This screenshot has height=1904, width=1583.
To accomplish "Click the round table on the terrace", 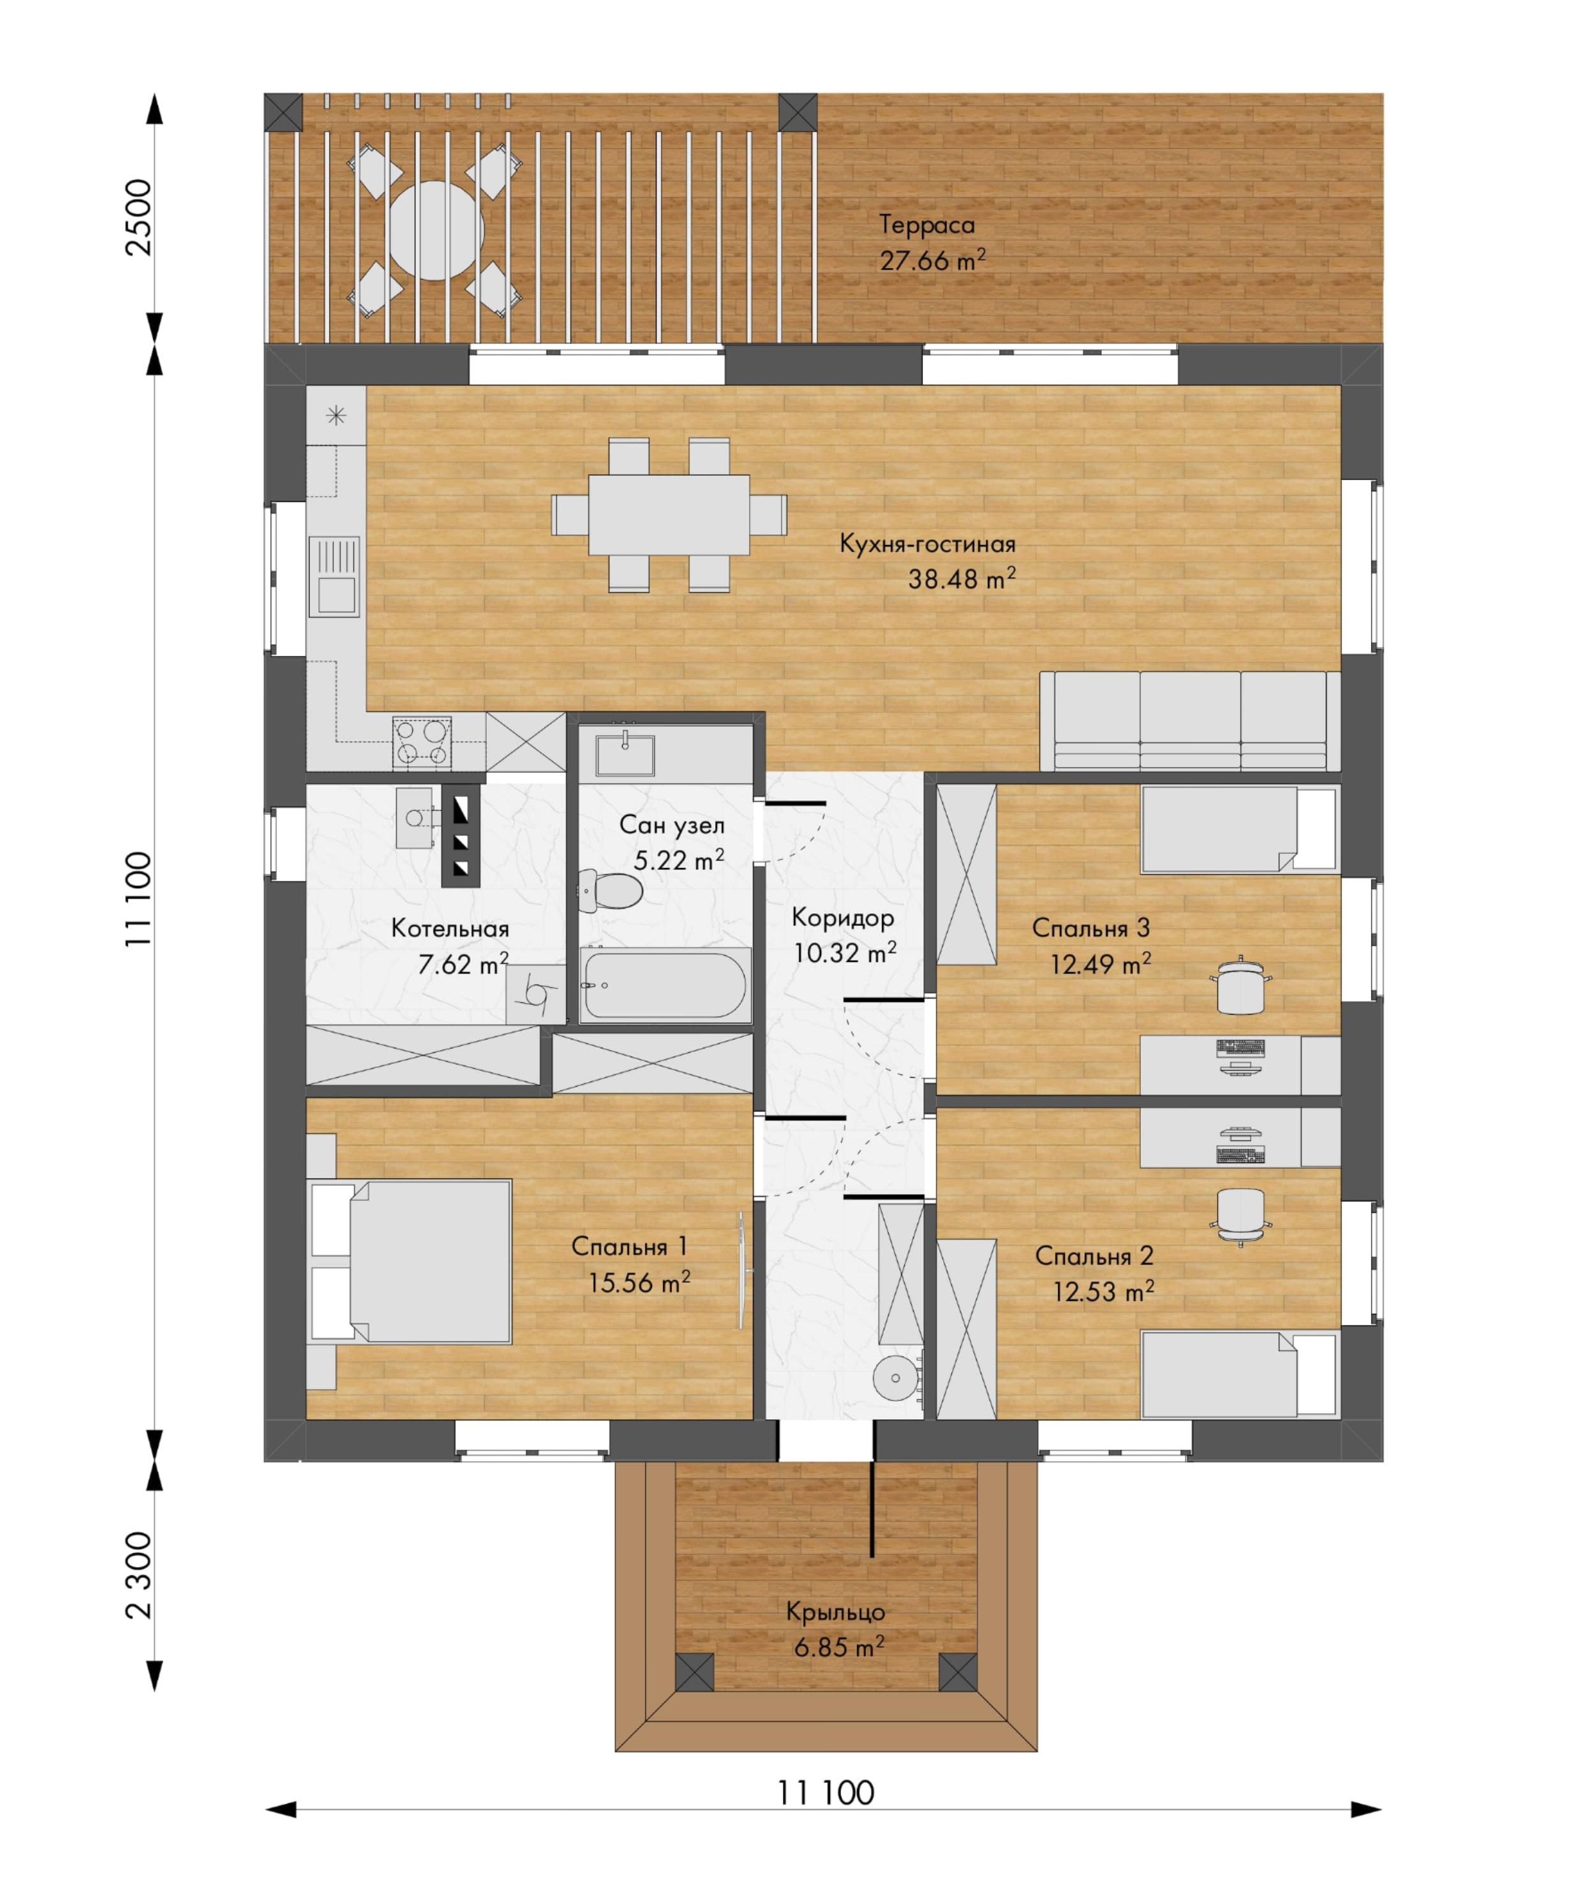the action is [x=435, y=230].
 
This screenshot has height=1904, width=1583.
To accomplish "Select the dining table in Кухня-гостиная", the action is [x=669, y=515].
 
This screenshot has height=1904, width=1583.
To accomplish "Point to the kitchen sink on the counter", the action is [x=334, y=576].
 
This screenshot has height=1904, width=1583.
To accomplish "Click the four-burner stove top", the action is [x=422, y=741].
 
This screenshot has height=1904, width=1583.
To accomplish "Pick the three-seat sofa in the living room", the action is [x=1189, y=722].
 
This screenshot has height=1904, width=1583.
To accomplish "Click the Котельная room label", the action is [x=450, y=928].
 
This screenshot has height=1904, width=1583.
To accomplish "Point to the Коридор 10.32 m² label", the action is [x=844, y=935].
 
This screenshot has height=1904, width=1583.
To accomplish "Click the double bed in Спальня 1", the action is [x=411, y=1261].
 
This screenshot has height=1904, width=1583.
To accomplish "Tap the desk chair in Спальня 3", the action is [x=1240, y=985].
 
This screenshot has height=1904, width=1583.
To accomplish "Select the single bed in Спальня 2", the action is [x=1238, y=1374].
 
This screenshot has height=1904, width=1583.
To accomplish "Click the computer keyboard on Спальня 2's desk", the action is [x=1240, y=1155].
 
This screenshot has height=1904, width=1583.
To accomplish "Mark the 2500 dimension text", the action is [x=138, y=218].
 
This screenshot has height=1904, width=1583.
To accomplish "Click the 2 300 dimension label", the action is [x=138, y=1576].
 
